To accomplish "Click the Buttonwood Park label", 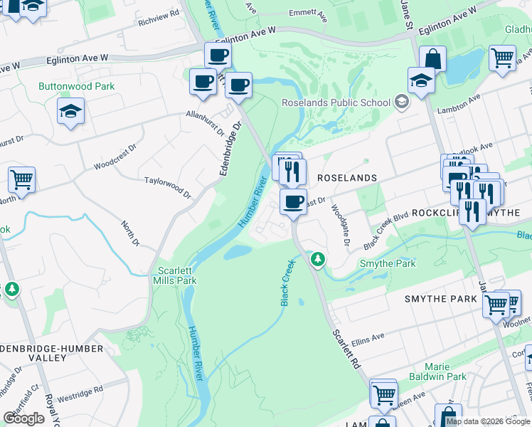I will click(76, 86).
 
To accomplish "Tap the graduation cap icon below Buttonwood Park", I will click(71, 112).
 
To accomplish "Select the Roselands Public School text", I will click(336, 102).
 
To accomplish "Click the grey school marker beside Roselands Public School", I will click(402, 102).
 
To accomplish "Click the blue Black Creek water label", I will click(287, 283).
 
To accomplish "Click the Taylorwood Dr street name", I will click(168, 188).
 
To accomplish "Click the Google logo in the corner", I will click(23, 418).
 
